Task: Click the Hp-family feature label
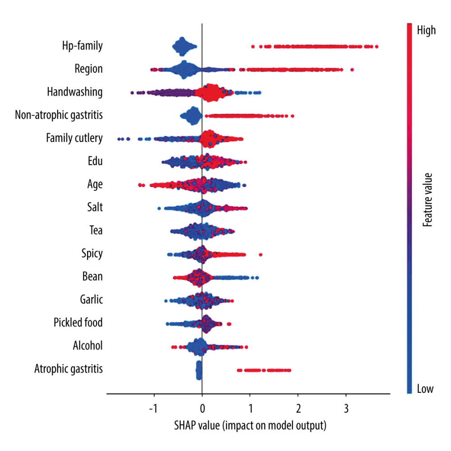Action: (x=82, y=46)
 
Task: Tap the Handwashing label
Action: (x=74, y=92)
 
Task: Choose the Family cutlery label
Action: (x=74, y=138)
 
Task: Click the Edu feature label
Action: (x=95, y=161)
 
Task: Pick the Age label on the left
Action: (x=95, y=184)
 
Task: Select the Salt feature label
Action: (x=95, y=207)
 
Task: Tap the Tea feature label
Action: (x=96, y=230)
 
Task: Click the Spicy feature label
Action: (x=92, y=253)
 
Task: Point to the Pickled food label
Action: (x=78, y=322)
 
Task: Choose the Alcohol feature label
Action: (x=87, y=345)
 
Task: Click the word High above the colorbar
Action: (x=427, y=31)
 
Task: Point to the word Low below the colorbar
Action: (x=425, y=389)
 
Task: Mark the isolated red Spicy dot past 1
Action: (x=261, y=255)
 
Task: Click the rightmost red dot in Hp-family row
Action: (x=376, y=46)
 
